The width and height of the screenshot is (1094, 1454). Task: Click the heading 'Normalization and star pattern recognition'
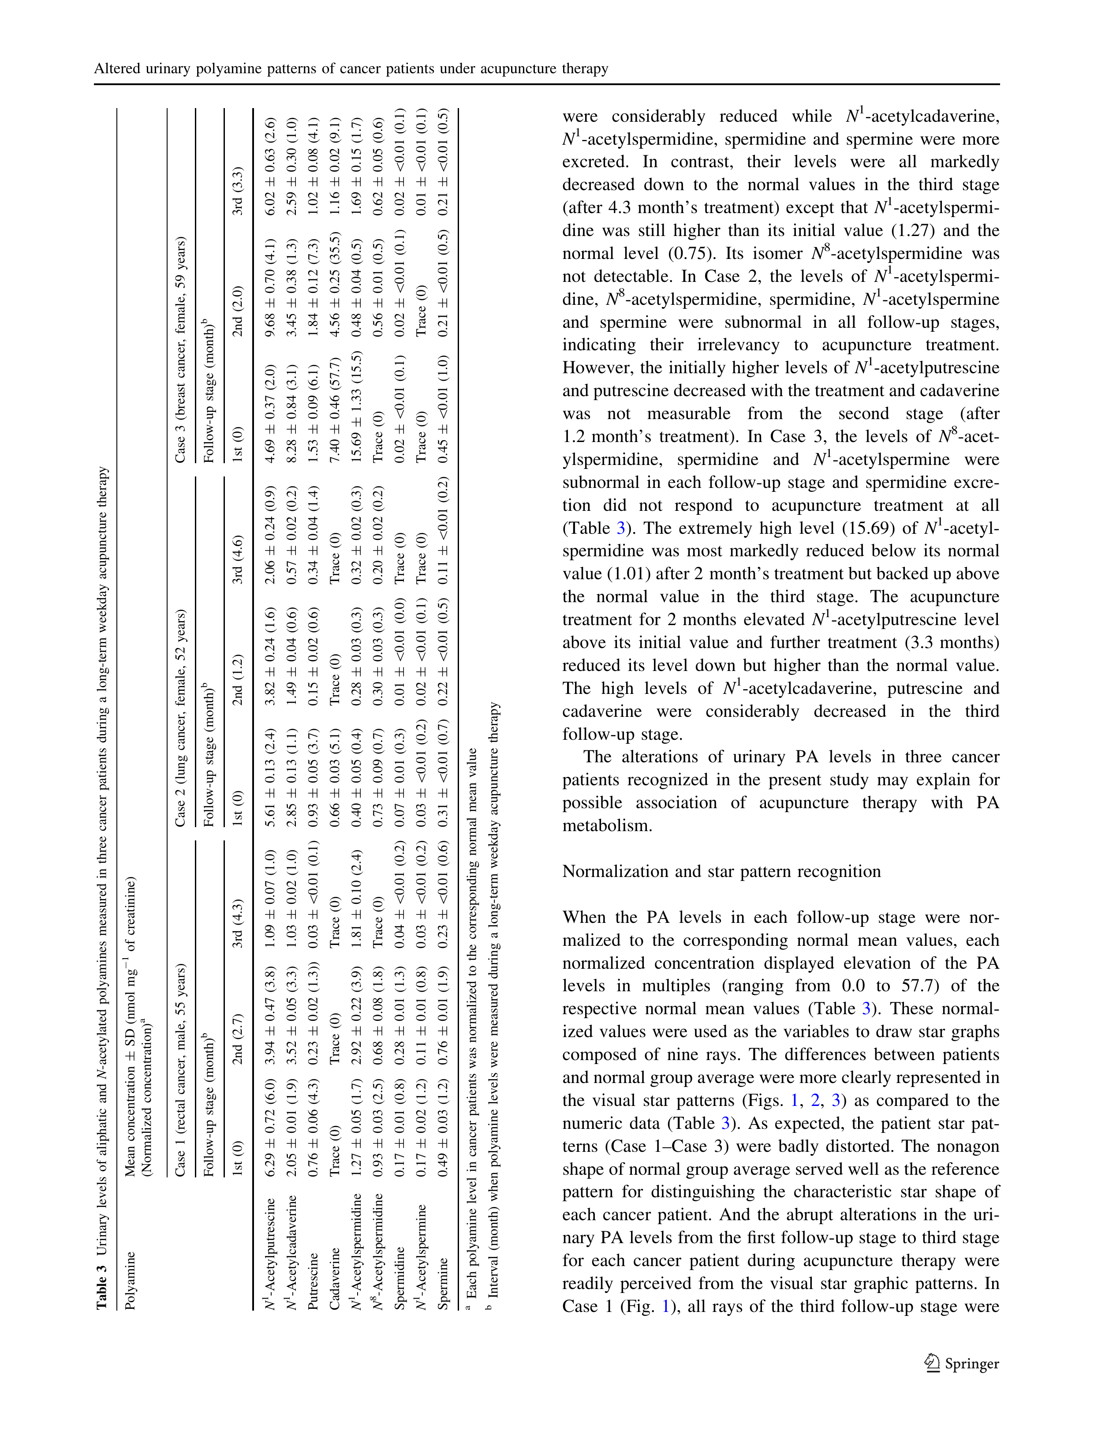point(721,872)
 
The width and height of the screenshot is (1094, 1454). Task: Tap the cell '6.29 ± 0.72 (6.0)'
point(270,1125)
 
